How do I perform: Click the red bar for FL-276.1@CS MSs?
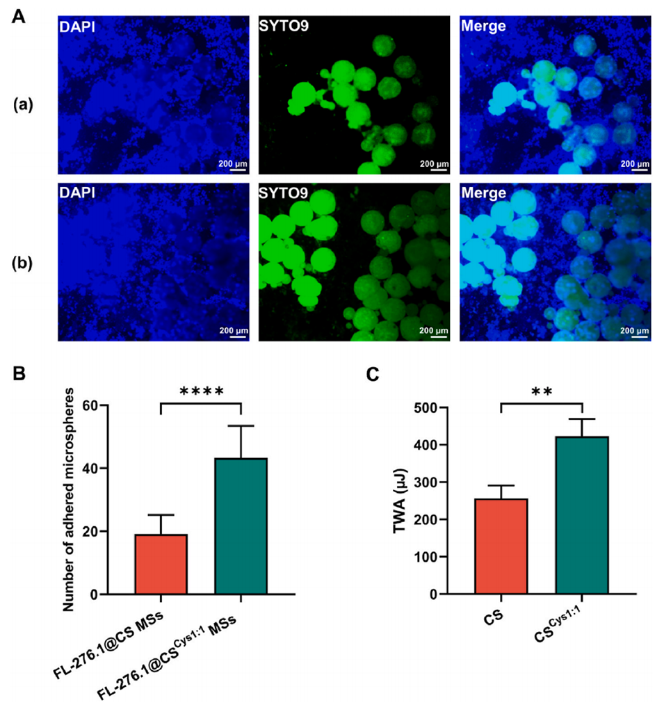[161, 564]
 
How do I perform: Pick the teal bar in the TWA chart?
[581, 515]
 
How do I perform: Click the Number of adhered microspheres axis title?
[67, 499]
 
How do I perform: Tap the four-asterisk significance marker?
[201, 391]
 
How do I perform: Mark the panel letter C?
[373, 374]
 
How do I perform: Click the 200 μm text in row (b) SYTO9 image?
[434, 330]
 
